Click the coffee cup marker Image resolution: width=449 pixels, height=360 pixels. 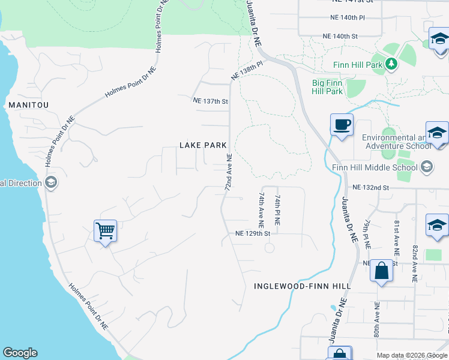click(342, 125)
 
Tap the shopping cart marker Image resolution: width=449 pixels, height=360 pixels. click(105, 230)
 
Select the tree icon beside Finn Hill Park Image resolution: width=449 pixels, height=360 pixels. click(391, 63)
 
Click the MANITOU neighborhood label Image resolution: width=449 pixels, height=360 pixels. click(28, 104)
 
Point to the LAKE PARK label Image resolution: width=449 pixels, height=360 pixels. click(203, 145)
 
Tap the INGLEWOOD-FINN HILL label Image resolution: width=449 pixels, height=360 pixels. click(302, 286)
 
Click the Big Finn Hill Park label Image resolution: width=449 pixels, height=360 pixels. click(327, 88)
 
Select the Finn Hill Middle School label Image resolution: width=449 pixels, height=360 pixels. click(384, 167)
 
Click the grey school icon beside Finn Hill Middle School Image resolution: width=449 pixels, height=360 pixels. click(427, 167)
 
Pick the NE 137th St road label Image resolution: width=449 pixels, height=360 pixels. click(210, 101)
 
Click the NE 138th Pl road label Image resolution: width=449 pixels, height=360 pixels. click(247, 71)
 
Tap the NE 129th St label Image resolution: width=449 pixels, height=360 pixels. click(253, 233)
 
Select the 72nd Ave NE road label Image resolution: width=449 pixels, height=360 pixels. click(229, 172)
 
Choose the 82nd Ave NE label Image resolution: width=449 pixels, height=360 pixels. click(414, 254)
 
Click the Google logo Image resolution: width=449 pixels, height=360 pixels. click(20, 353)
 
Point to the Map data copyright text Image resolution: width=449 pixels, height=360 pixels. click(411, 355)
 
